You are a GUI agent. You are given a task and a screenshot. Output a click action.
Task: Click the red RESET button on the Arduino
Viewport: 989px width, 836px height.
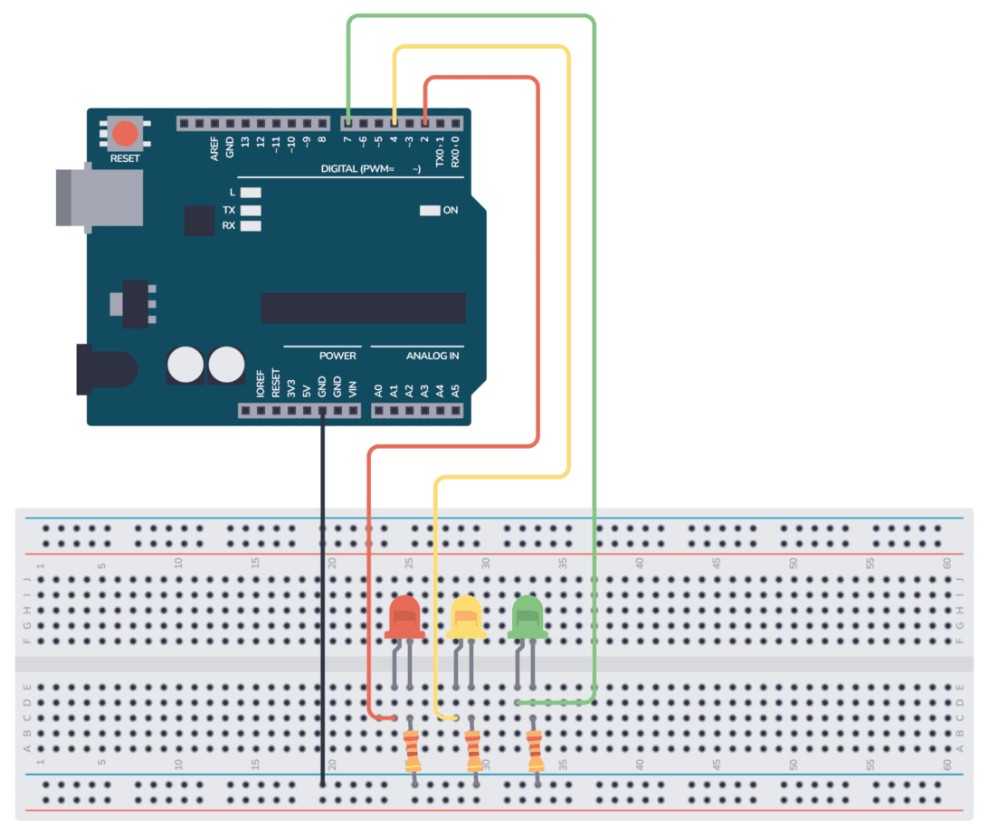coord(125,134)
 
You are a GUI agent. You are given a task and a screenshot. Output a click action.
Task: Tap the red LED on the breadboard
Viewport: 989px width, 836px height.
coord(404,617)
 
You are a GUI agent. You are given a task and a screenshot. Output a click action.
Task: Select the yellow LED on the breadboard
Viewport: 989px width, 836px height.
coord(465,617)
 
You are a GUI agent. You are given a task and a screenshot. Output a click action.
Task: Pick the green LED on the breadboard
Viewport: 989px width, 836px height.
coord(528,617)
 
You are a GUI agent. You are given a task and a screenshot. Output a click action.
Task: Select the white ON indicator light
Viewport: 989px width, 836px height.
coord(429,211)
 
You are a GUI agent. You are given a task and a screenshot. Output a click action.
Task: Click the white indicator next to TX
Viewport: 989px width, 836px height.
coord(251,209)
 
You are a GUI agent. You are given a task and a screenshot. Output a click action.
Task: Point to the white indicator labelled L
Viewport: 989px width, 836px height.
coord(251,193)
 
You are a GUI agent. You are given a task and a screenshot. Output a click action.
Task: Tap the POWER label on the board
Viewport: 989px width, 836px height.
coord(338,356)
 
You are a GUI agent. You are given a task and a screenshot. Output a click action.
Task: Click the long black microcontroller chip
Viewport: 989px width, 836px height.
coord(363,308)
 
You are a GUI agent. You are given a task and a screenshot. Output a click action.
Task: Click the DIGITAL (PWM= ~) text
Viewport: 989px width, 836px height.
coord(372,169)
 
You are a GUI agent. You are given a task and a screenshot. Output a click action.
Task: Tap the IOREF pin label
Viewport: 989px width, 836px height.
coord(261,384)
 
